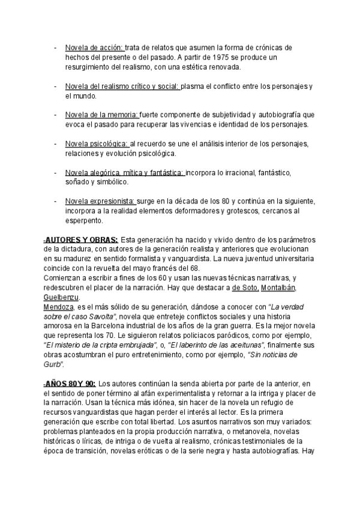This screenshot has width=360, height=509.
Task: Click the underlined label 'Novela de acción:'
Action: (94, 47)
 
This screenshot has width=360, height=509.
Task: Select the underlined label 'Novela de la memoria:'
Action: (101, 115)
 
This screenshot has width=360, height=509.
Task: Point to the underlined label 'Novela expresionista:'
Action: (101, 201)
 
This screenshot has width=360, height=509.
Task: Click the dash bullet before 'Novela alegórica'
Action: (55, 172)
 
